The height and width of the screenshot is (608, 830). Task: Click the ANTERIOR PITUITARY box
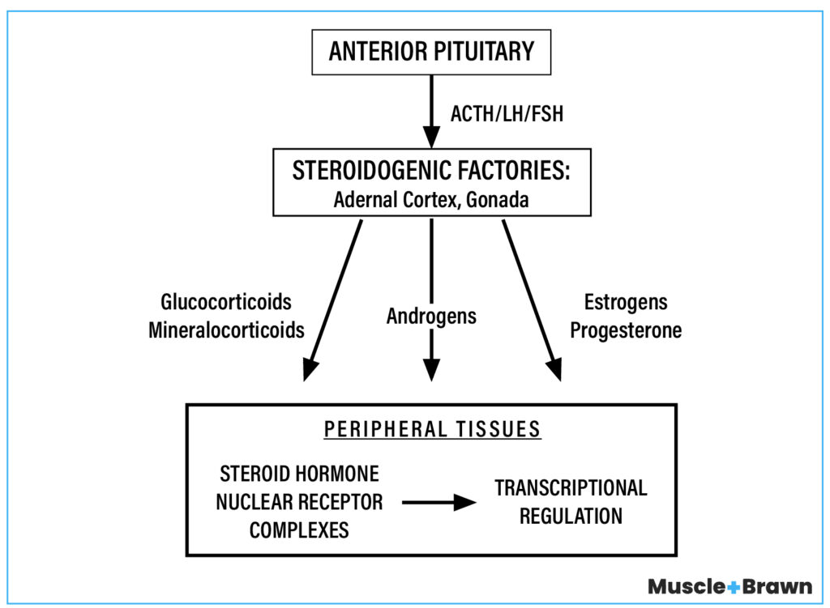431,51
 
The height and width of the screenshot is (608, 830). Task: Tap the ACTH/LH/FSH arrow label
507,113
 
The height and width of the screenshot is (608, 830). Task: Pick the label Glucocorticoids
226,302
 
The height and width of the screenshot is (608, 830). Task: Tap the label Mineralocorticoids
226,330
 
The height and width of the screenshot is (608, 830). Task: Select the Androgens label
431,316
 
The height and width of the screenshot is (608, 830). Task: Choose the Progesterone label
626,330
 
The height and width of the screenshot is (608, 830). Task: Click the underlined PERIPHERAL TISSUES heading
432,428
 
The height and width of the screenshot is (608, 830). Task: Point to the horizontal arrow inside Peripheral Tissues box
439,503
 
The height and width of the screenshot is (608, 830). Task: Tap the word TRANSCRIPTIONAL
571,487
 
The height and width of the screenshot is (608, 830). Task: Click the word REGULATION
571,516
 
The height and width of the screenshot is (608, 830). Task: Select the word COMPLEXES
299,530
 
